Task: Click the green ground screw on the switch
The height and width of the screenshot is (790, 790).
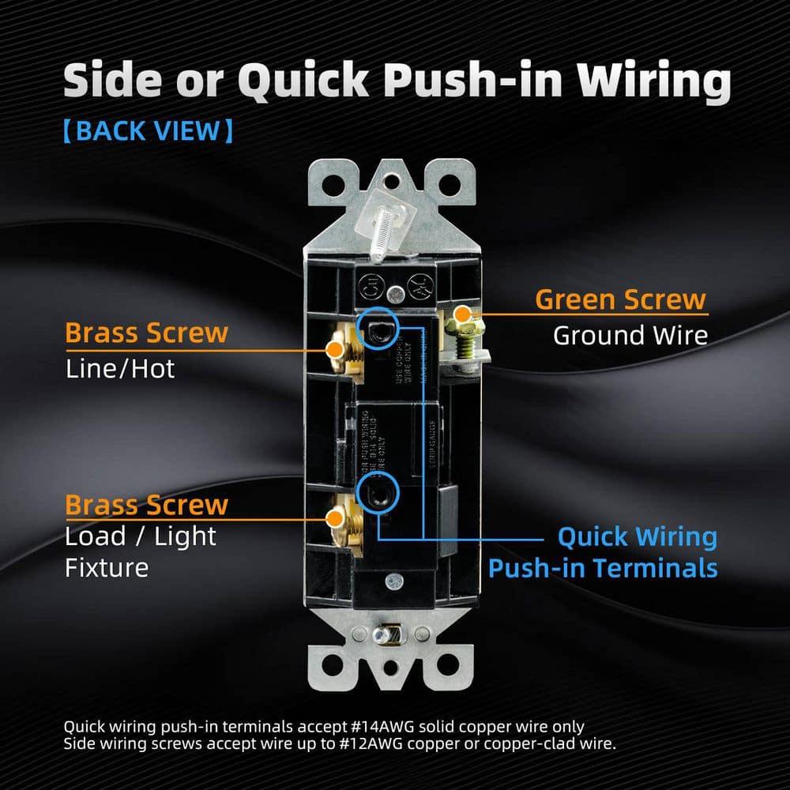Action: [x=461, y=320]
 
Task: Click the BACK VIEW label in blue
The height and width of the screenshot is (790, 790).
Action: [x=148, y=130]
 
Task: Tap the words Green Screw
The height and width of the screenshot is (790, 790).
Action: [x=620, y=299]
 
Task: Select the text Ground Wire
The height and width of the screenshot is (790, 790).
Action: [x=630, y=335]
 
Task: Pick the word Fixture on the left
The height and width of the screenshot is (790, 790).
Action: [x=107, y=567]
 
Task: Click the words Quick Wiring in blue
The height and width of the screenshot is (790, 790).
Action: [x=637, y=537]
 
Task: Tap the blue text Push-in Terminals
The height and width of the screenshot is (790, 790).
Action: [x=603, y=568]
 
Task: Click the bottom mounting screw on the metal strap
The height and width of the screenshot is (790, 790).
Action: [x=388, y=635]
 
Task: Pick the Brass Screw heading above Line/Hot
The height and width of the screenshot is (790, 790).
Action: [x=146, y=333]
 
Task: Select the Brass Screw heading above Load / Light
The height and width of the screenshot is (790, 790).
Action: [x=146, y=505]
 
